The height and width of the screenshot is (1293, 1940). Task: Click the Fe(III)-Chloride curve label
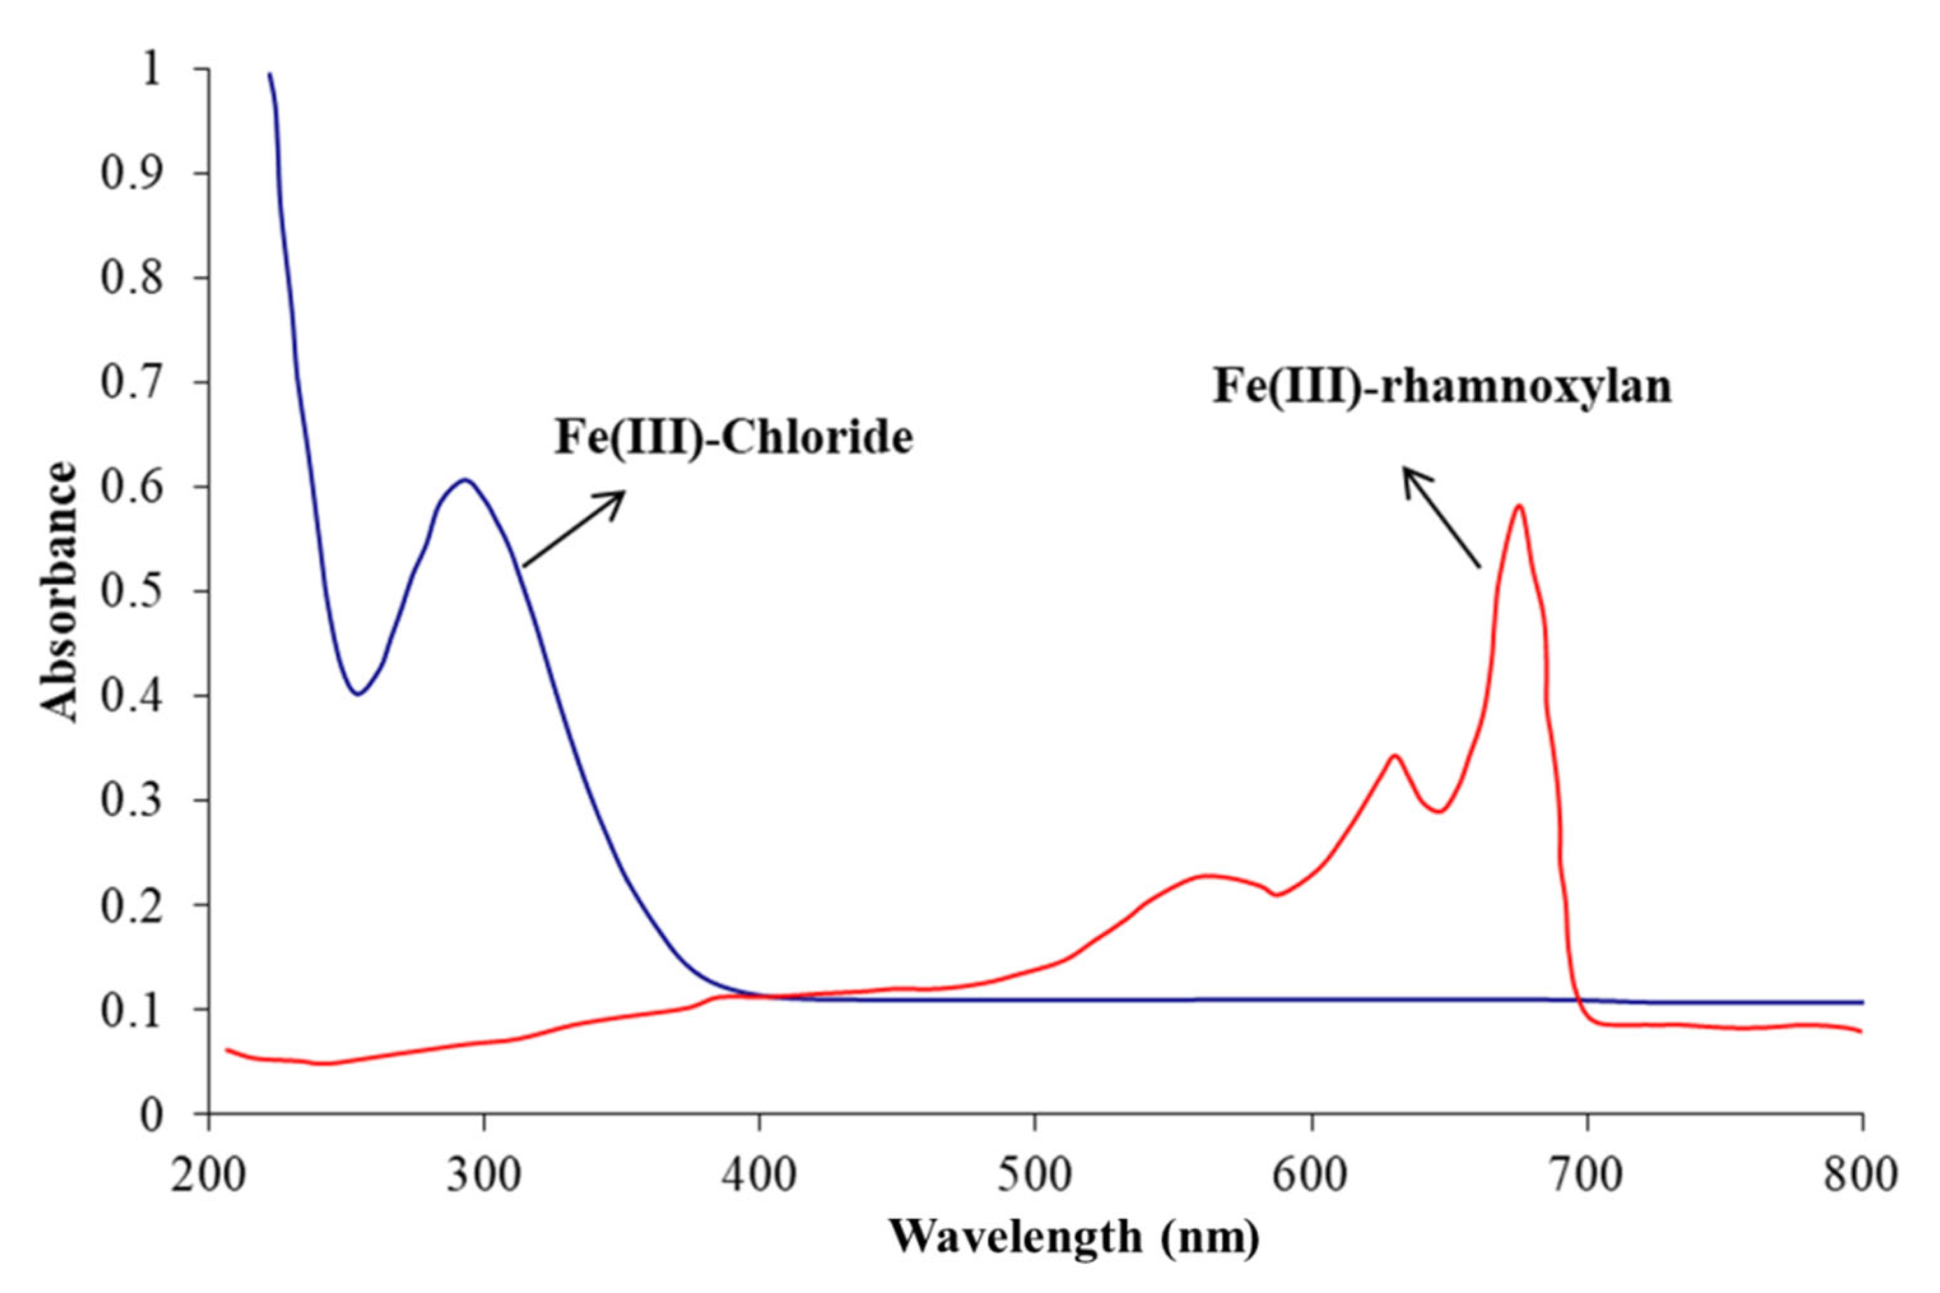tap(733, 438)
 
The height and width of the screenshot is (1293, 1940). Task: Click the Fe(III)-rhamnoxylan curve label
tap(1442, 386)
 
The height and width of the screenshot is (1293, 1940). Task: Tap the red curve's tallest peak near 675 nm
tap(1518, 506)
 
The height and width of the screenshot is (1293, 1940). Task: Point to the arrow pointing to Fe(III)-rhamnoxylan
tap(1441, 518)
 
